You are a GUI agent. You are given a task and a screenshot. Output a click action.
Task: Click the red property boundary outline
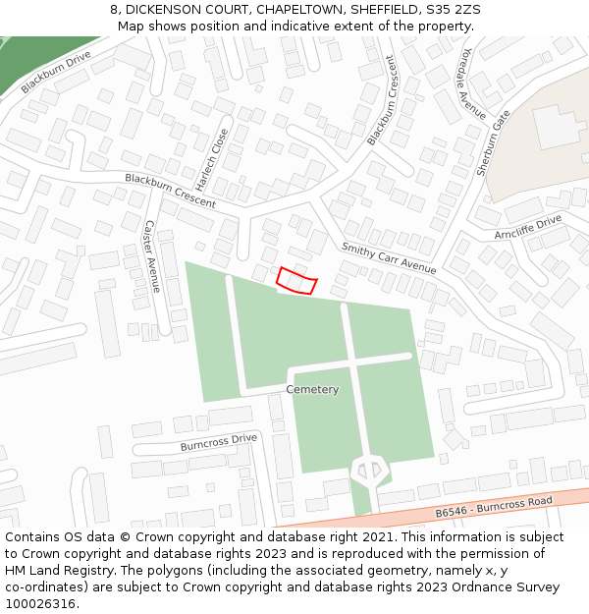click(x=296, y=281)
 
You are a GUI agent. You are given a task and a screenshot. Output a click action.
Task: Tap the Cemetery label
click(x=312, y=390)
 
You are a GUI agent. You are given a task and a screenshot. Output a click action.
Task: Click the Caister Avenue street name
click(x=151, y=255)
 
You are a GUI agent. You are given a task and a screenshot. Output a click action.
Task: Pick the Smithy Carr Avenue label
click(x=389, y=257)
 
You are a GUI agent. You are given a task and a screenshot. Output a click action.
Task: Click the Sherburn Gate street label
click(x=494, y=142)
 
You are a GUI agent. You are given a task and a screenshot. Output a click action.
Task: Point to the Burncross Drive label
click(x=218, y=442)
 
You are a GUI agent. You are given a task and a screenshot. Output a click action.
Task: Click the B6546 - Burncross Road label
click(x=494, y=507)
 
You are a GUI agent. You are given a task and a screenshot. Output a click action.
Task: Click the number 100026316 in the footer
click(x=38, y=603)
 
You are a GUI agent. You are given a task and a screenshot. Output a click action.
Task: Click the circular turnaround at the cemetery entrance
click(x=370, y=471)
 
